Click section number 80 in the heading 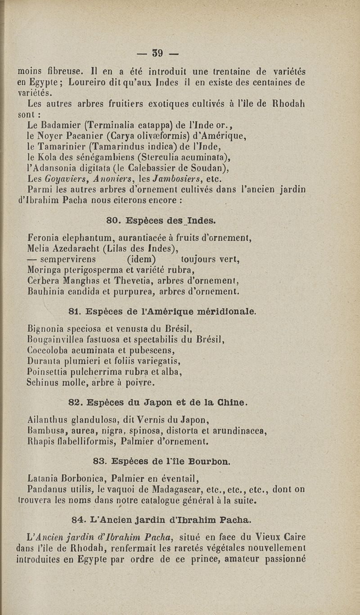tap(113, 221)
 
